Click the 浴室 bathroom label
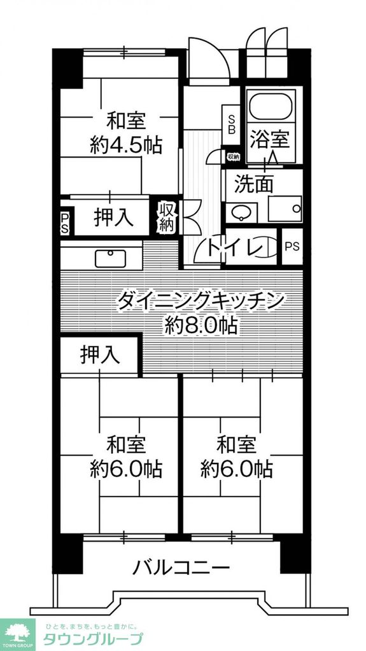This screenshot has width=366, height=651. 273,138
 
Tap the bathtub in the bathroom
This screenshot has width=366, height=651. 272,106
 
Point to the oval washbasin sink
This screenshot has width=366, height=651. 240,212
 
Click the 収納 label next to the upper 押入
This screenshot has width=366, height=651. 167,216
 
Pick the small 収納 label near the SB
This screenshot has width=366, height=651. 233,156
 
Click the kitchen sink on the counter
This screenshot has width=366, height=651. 111,257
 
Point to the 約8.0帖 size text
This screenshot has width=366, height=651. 201,326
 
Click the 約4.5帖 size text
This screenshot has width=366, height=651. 125,146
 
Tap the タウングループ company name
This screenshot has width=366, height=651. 92,638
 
